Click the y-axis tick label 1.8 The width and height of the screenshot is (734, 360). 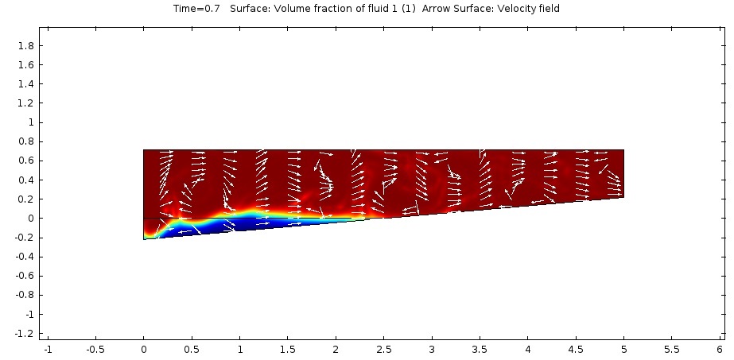click(25, 46)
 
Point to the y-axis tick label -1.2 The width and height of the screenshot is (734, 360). click(24, 334)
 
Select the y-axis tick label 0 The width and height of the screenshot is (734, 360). click(30, 219)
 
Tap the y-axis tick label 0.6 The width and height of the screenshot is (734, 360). click(25, 161)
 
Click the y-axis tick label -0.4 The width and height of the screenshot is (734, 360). click(24, 257)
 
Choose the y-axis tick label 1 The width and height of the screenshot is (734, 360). click(30, 123)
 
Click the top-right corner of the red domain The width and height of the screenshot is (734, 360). click(623, 149)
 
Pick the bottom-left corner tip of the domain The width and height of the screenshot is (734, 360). click(144, 239)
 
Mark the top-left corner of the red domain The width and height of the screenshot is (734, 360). click(144, 149)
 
